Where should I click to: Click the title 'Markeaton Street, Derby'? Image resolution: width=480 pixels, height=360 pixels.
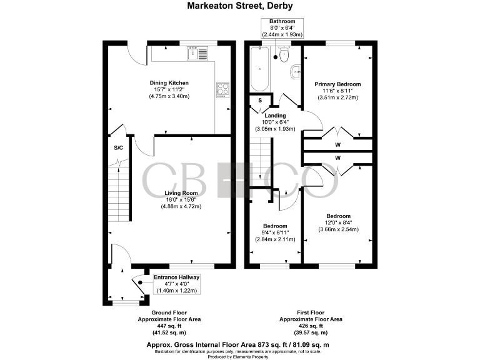click(240, 6)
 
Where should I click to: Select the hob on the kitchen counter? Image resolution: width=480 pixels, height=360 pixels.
click(222, 90)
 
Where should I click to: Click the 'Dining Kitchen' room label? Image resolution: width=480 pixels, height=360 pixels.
click(169, 83)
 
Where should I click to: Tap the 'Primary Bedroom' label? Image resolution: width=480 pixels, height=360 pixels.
click(338, 84)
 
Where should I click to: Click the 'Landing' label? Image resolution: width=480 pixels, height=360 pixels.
click(275, 116)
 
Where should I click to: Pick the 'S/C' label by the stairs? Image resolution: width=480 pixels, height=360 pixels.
click(117, 148)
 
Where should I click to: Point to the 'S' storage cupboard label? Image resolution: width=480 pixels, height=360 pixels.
click(260, 101)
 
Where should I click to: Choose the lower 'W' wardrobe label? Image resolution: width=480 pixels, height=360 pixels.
click(337, 158)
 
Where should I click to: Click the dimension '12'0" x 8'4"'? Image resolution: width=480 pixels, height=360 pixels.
click(337, 222)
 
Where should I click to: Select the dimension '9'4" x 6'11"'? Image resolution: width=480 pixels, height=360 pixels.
click(275, 232)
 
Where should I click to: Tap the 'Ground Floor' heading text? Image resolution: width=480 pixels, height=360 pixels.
click(169, 312)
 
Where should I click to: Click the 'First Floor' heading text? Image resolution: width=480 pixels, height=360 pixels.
click(311, 312)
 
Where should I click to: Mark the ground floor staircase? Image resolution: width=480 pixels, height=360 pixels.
click(119, 194)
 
